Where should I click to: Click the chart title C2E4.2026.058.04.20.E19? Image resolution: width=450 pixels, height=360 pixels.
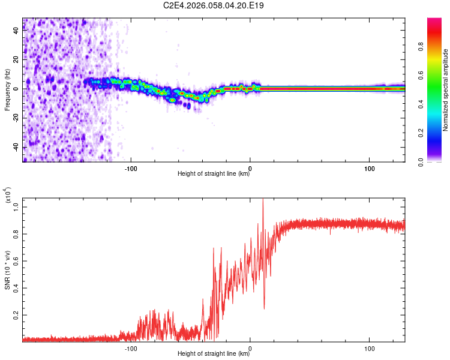click(213, 5)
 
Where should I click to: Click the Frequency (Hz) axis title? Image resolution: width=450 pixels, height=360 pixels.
click(7, 90)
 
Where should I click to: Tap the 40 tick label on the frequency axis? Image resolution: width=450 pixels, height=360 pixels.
click(16, 31)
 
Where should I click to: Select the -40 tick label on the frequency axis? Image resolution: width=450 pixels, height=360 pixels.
click(16, 148)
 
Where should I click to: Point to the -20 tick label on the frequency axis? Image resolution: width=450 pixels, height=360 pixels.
click(16, 118)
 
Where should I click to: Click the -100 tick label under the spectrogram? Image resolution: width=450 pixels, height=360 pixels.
click(131, 169)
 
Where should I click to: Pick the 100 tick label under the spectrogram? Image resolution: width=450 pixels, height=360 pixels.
click(370, 169)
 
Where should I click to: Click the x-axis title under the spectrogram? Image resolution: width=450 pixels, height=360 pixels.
click(214, 173)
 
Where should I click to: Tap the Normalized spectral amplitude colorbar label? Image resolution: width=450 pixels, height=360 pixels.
click(445, 90)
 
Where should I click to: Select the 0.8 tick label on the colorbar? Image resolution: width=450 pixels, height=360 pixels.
click(421, 47)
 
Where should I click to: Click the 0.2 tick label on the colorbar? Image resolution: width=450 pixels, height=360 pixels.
click(421, 133)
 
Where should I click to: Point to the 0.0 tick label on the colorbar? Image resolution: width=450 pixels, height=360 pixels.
click(421, 163)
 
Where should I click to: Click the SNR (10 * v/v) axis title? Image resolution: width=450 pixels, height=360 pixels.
click(7, 270)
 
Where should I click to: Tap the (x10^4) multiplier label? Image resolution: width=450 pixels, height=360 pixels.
click(8, 195)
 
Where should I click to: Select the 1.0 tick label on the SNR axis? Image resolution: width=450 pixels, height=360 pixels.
click(16, 207)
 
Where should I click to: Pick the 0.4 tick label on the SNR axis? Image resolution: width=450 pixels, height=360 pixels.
click(16, 288)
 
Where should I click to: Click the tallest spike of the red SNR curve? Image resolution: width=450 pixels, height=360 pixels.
click(263, 199)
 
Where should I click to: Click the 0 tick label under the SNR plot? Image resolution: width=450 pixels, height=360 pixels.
click(250, 349)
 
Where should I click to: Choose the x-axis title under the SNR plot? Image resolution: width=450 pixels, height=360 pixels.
click(214, 353)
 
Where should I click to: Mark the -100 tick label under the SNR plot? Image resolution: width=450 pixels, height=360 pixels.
click(131, 349)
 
